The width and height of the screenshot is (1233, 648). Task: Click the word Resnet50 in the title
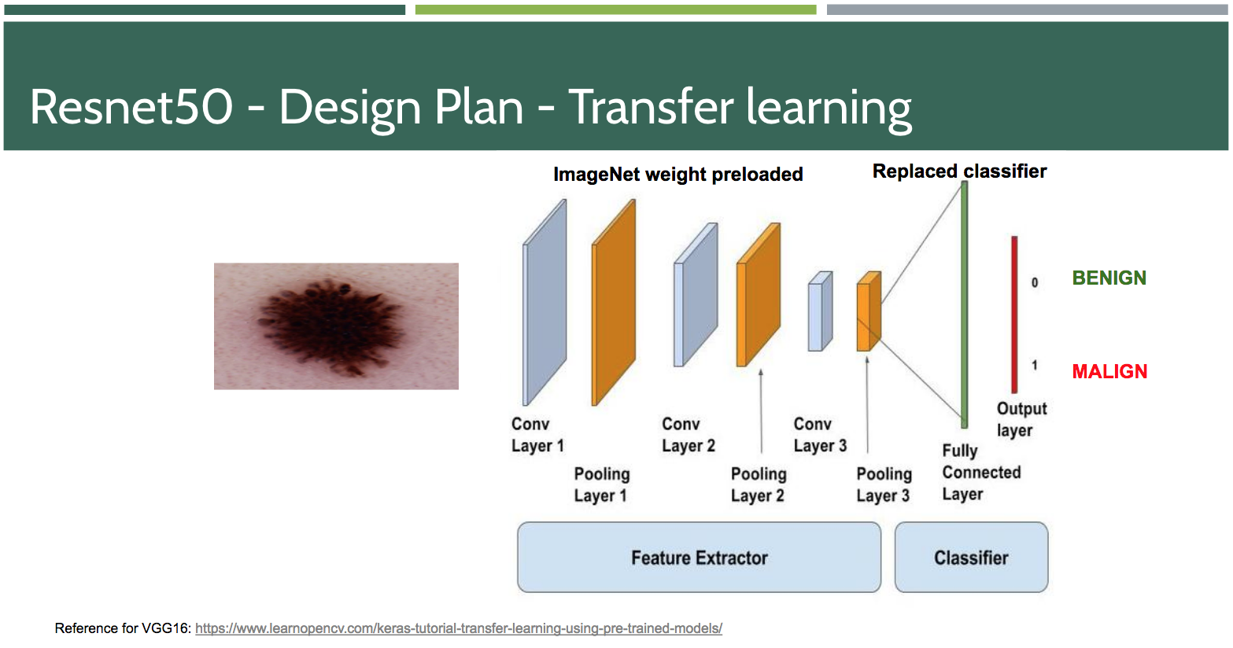pos(131,107)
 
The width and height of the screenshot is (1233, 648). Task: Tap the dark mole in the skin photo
pos(330,326)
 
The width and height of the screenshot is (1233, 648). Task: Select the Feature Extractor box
pos(699,558)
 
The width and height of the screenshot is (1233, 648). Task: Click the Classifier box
pos(972,558)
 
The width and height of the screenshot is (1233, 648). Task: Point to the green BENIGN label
pos(1109,278)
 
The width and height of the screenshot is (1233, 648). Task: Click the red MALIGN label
pos(1109,371)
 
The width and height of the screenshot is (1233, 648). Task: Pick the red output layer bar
pos(1014,314)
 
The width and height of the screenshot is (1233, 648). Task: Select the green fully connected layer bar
pos(965,305)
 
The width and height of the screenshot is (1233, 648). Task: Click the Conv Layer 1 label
pos(537,435)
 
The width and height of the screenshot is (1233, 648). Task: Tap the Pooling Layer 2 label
pos(759,484)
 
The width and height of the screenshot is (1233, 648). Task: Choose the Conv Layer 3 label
pos(820,435)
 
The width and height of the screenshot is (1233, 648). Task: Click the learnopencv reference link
pos(459,628)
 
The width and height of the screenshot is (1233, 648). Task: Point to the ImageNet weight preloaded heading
pos(678,175)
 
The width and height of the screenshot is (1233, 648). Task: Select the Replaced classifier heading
pos(959,171)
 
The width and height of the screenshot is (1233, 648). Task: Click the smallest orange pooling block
pos(869,311)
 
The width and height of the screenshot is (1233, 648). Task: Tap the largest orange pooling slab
pos(613,303)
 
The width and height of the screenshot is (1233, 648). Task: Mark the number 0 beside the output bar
pos(1035,282)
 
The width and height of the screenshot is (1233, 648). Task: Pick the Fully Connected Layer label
pos(981,473)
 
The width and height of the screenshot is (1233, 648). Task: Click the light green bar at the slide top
pos(615,9)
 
